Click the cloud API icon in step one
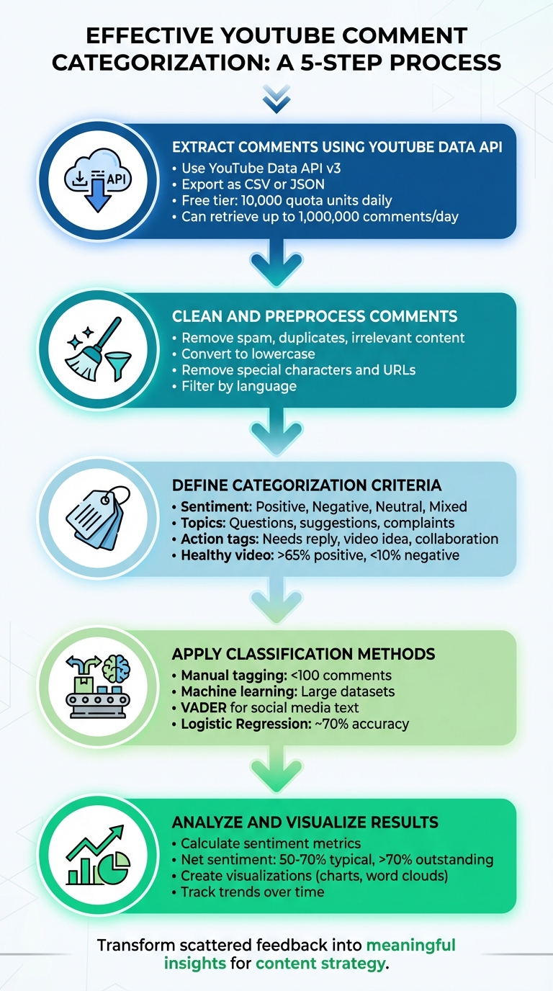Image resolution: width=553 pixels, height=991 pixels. tap(95, 181)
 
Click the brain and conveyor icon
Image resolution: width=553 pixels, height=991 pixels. tap(95, 686)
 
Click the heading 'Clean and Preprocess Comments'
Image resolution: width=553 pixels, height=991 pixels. tap(314, 316)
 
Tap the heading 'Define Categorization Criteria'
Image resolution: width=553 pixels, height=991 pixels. tap(307, 485)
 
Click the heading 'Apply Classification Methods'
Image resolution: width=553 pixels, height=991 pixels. tap(303, 654)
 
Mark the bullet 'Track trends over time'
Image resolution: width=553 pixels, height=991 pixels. tap(252, 892)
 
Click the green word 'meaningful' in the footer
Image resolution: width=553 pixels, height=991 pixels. tap(411, 944)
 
